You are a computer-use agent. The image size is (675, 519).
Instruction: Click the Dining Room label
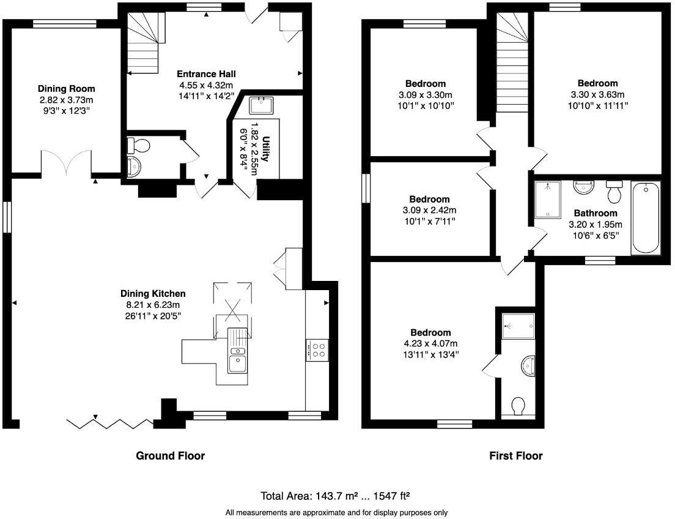point(66,89)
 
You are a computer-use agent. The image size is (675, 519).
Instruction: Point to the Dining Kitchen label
point(153,293)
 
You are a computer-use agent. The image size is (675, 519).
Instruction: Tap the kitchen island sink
point(237,363)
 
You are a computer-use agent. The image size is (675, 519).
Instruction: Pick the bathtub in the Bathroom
point(646,217)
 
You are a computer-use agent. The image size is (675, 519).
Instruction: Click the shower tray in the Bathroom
point(548,200)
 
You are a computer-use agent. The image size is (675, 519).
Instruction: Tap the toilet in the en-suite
point(518,406)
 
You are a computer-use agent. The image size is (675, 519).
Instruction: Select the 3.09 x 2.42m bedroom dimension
point(429,210)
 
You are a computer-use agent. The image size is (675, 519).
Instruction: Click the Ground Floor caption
point(170,455)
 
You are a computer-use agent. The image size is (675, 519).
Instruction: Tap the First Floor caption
point(515,455)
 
